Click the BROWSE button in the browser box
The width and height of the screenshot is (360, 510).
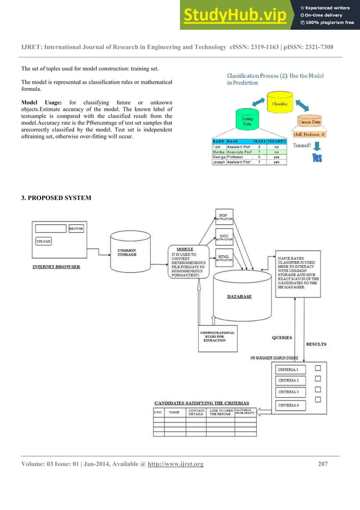click(76, 229)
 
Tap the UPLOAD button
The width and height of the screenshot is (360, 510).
click(43, 241)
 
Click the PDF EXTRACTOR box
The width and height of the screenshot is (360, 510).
click(225, 216)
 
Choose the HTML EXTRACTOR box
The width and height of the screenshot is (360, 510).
click(225, 258)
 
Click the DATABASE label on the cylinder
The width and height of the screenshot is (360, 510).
click(239, 296)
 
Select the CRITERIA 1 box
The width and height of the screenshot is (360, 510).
click(289, 369)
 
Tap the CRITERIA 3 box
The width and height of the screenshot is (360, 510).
click(289, 392)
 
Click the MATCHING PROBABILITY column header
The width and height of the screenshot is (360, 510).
click(244, 413)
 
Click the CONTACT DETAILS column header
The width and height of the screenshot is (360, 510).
click(196, 413)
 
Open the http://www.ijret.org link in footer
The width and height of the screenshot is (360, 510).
click(175, 464)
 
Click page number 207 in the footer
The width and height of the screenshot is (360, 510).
click(323, 464)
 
